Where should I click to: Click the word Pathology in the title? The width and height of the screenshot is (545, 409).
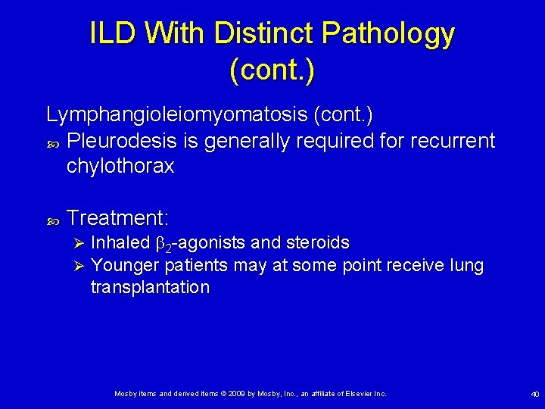click(x=388, y=34)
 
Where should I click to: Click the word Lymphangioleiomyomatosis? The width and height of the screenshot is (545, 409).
click(x=176, y=115)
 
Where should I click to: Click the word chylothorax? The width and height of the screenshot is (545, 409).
click(x=120, y=166)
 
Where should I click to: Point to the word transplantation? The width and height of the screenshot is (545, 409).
click(x=149, y=288)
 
